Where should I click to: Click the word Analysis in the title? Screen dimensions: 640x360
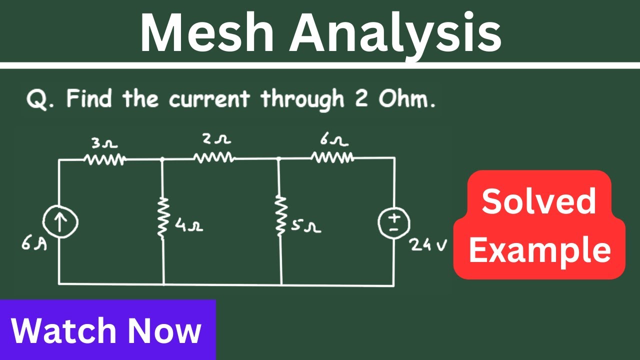[395, 35]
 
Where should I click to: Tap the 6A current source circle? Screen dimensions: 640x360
[60, 221]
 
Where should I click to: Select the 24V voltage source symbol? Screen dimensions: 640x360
[394, 222]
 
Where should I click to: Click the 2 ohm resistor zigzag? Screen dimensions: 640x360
[214, 157]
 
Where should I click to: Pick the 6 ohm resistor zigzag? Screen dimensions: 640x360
[332, 157]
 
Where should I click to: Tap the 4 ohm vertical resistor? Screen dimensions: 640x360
[162, 216]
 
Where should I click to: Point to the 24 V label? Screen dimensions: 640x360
[428, 245]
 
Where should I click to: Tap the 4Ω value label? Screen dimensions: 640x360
[189, 225]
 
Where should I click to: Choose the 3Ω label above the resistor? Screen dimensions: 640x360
[104, 143]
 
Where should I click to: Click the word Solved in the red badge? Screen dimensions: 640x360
[538, 201]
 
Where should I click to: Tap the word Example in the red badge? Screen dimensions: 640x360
[539, 251]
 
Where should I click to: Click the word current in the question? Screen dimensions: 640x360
[209, 98]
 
